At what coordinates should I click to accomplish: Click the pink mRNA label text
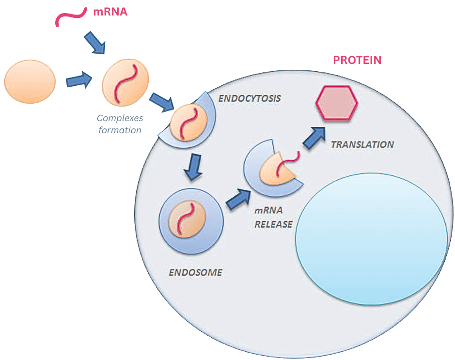pyautogui.click(x=110, y=11)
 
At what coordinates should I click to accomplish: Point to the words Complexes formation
pyautogui.click(x=119, y=124)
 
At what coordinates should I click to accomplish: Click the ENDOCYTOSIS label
pyautogui.click(x=250, y=98)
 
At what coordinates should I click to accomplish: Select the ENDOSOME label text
pyautogui.click(x=195, y=272)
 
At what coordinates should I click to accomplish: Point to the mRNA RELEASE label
pyautogui.click(x=273, y=218)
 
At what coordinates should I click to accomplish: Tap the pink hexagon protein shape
pyautogui.click(x=337, y=102)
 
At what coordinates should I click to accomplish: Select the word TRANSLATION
pyautogui.click(x=362, y=144)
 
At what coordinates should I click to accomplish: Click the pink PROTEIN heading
pyautogui.click(x=357, y=60)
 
